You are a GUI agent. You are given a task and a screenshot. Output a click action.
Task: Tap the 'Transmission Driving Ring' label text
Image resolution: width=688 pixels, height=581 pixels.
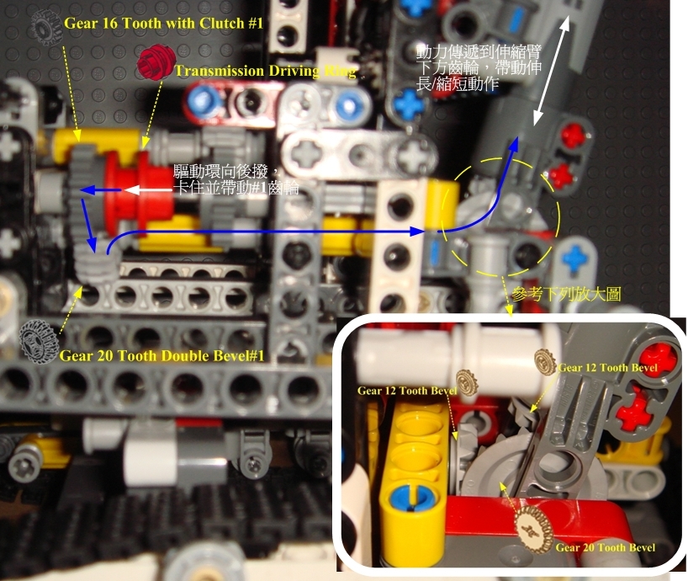(265, 72)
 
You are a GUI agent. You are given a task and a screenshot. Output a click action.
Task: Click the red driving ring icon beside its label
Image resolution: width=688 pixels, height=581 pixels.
(154, 61)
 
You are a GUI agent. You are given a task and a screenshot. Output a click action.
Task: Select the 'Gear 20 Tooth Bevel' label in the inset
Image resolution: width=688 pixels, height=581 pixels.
(606, 547)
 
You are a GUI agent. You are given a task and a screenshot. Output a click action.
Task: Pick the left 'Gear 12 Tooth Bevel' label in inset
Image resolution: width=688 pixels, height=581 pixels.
(407, 391)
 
